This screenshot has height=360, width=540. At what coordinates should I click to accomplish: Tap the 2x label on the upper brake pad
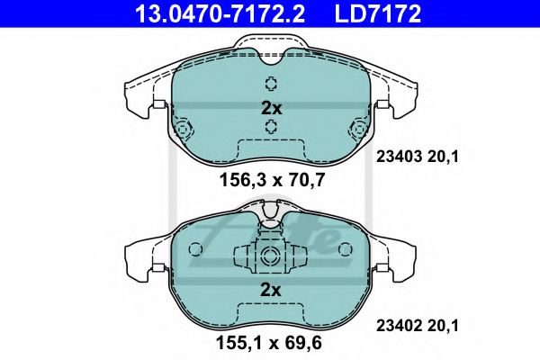pos(271,106)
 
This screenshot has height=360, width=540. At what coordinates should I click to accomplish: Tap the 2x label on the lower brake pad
pos(271,291)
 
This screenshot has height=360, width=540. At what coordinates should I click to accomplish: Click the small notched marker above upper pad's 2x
pos(271,85)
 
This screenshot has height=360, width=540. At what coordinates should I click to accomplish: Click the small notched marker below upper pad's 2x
pos(271,127)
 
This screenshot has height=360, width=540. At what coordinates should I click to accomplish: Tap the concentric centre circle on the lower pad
pos(270,255)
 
